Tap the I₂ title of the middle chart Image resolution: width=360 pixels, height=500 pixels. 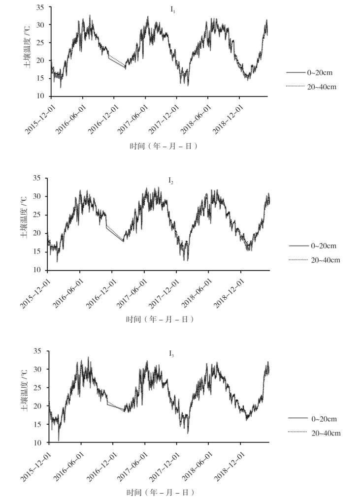(170, 182)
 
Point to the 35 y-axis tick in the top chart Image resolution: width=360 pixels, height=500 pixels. (40, 7)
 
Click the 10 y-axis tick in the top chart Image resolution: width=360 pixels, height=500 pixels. (40, 96)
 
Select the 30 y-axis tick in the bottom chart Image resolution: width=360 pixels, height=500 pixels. (40, 369)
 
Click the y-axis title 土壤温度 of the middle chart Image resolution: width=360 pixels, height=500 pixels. (24, 224)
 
